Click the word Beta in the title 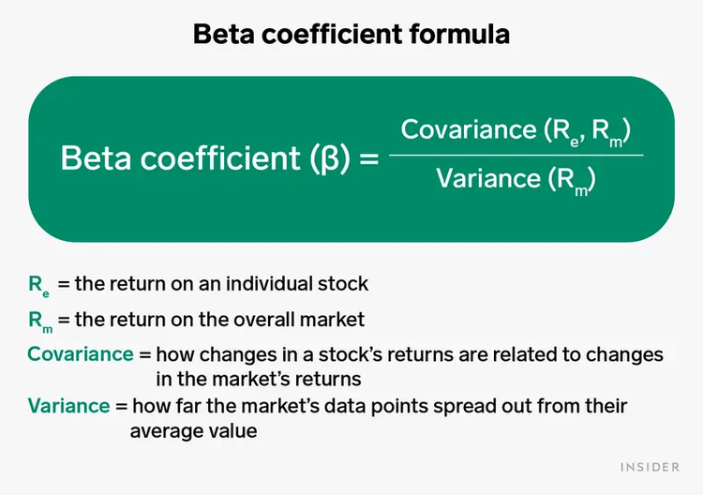coord(223,35)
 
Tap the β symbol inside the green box coord(331,157)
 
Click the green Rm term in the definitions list coord(40,321)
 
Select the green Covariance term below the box coord(80,354)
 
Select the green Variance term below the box coord(68,406)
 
